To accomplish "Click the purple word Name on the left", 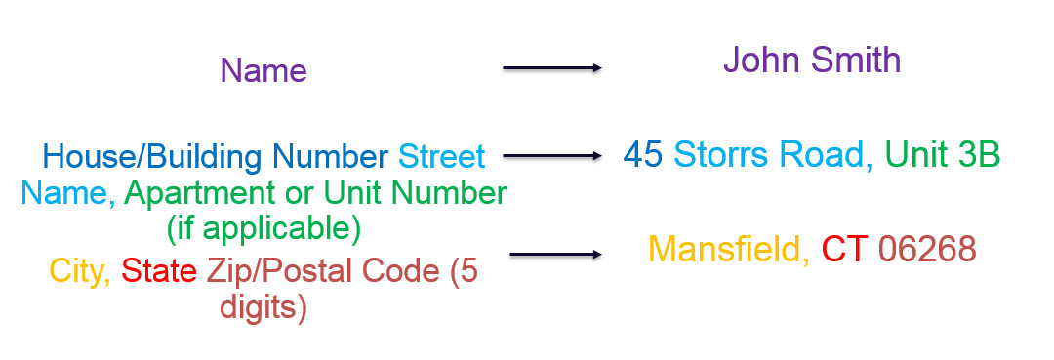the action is (263, 70).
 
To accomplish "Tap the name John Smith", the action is (812, 60).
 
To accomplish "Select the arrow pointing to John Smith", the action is (551, 68).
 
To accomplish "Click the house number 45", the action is (643, 155).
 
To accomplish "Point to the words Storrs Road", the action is (768, 155).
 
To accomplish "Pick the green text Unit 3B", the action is (943, 155).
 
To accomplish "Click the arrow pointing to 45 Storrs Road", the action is (551, 156).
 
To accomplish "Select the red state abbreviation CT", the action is (845, 249).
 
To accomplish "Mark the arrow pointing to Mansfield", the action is (556, 255).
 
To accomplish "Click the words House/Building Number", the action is (215, 157).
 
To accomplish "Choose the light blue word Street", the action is (442, 157).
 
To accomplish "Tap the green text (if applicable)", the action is (263, 229).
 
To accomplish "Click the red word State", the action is (159, 271).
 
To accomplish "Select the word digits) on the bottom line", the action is (263, 308).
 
